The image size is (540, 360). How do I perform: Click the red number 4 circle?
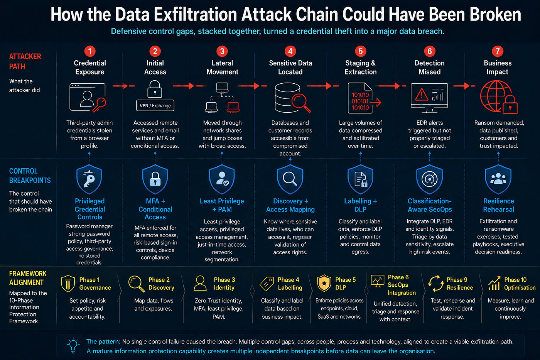pos(290,51)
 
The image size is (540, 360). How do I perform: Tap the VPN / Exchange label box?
pos(155,105)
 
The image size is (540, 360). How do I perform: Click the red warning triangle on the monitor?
pos(422,94)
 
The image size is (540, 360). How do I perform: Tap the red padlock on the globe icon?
pos(510,105)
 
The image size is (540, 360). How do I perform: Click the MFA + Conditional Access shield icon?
pos(155,179)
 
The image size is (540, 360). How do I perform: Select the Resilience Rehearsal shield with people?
pos(498,179)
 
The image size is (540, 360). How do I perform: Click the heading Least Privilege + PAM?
pos(222,205)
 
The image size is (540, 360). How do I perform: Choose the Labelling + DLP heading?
pos(360,205)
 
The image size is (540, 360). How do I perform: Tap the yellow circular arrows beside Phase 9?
pos(436,283)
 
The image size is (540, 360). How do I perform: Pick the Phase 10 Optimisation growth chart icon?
pos(494,283)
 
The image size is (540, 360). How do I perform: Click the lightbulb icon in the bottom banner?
pos(73,346)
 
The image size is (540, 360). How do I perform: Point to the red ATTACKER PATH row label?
pos(25,61)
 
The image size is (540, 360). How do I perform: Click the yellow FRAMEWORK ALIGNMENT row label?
pos(28,278)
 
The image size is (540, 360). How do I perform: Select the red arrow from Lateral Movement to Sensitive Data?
pos(252,86)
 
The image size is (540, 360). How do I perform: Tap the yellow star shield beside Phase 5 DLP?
pos(324,283)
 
